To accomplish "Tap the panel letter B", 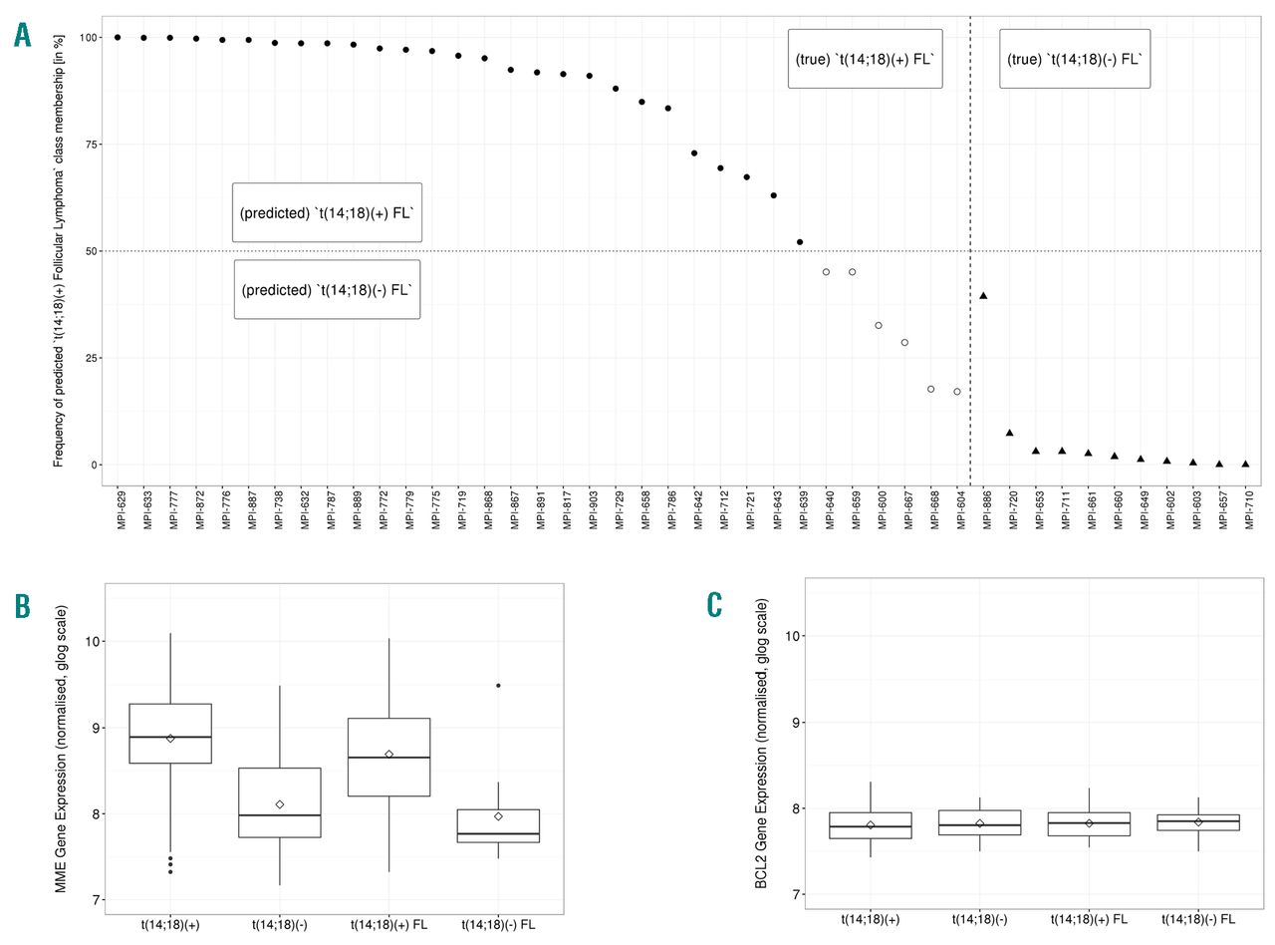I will [x=23, y=605].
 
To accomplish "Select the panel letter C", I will [x=714, y=605].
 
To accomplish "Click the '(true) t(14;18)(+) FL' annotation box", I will [x=865, y=59].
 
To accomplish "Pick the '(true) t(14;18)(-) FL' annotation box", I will [x=1075, y=59].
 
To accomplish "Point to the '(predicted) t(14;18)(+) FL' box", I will [x=327, y=212].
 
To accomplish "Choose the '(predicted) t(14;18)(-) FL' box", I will [x=327, y=290].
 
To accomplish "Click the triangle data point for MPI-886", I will [x=983, y=296].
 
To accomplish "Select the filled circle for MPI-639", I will [x=800, y=242].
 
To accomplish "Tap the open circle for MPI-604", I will [x=957, y=392].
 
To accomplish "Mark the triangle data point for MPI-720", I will [x=1009, y=433].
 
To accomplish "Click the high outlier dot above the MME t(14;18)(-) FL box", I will [x=498, y=686].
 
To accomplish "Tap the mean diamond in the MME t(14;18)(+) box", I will [x=170, y=739].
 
